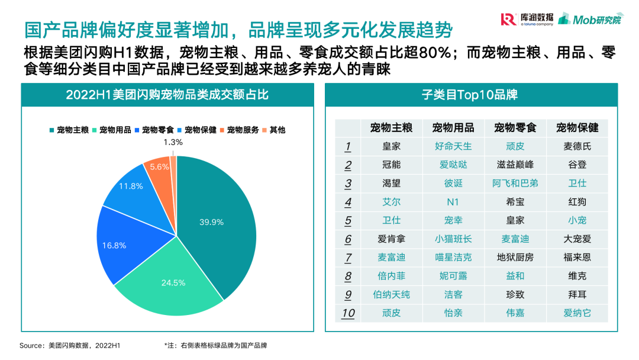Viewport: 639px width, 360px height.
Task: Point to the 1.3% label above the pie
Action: point(173,142)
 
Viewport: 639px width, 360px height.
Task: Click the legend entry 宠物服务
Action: point(239,130)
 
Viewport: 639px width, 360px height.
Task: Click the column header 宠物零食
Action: point(515,127)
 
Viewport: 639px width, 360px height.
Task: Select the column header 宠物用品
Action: point(453,127)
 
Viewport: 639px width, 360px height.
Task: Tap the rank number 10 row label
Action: point(348,313)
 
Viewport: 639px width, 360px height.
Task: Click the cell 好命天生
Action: point(453,146)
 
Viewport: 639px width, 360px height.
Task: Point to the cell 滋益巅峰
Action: point(515,165)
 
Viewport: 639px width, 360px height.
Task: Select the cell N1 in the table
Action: point(453,202)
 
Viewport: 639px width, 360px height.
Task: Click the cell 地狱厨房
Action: point(515,257)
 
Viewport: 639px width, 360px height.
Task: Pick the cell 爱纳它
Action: point(577,313)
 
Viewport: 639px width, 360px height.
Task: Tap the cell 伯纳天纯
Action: point(391,294)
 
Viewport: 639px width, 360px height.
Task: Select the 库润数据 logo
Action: point(528,20)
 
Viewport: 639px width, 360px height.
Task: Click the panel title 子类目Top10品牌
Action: point(470,95)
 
